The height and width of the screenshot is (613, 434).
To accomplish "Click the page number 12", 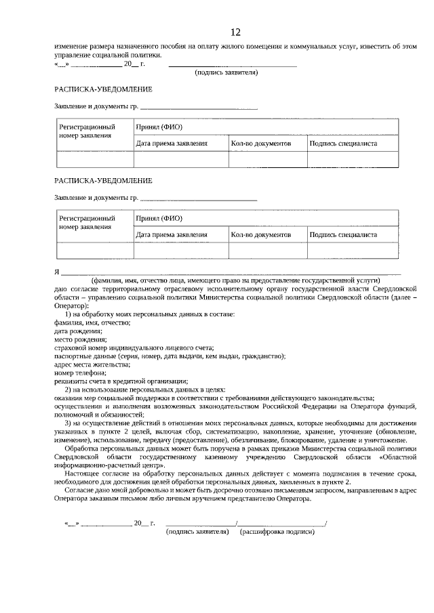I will [235, 32].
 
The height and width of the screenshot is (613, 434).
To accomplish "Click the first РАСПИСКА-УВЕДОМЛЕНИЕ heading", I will [103, 89].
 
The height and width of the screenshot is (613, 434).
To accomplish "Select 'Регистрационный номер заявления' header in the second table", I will [86, 223].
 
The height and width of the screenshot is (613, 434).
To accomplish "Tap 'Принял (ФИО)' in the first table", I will [159, 127].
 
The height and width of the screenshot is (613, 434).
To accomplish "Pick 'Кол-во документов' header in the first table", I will [260, 144].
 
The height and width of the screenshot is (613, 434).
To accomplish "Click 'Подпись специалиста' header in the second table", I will [343, 234].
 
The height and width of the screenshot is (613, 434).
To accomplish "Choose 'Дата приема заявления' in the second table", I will [172, 234].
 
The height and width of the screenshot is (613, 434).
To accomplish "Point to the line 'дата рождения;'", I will [79, 331].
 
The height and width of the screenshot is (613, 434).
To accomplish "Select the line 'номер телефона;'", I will [80, 373].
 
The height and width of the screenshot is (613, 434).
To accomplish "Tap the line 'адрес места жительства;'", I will [90, 364].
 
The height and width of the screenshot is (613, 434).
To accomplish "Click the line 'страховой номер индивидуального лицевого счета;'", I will [134, 347].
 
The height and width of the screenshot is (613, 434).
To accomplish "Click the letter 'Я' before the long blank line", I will [57, 272].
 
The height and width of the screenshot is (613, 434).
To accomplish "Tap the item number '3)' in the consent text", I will [68, 423].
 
